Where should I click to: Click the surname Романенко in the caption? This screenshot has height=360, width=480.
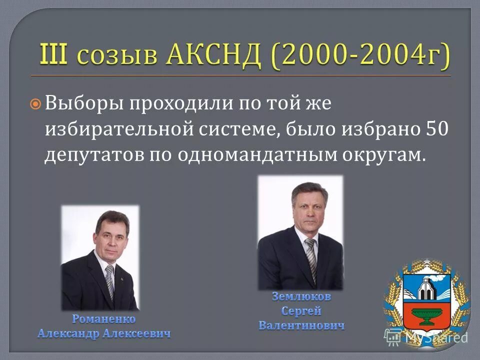pos(104,318)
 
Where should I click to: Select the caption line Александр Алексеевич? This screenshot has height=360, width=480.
pos(104,333)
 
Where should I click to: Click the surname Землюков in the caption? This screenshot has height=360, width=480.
pos(301,296)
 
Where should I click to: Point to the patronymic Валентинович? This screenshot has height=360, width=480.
pos(301,325)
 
